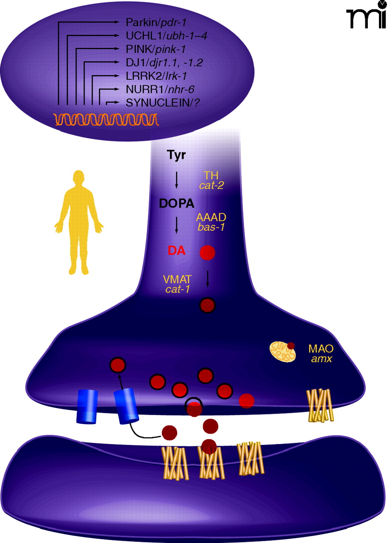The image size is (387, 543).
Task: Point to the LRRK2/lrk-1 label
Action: click(156, 76)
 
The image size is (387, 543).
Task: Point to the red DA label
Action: click(176, 251)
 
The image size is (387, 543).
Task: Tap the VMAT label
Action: click(178, 280)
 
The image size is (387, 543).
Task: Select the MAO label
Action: click(321, 349)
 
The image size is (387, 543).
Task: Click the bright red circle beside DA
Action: click(207, 253)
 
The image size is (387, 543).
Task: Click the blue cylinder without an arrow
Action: click(87, 406)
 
